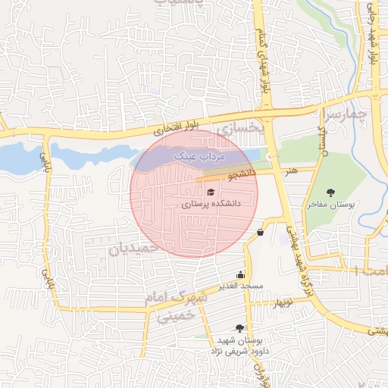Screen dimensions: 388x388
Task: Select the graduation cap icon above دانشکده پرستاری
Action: [210, 192]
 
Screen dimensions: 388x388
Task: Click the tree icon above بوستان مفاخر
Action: [330, 192]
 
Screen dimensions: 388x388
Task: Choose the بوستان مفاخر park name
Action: [331, 205]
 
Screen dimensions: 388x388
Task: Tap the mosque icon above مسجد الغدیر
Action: [241, 274]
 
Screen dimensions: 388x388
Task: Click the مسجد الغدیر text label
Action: [241, 286]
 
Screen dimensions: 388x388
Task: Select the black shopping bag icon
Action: [261, 232]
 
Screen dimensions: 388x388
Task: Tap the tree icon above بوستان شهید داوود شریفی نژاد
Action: [240, 328]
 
